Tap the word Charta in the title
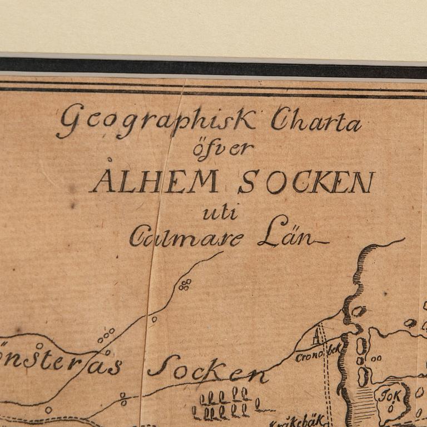click(315, 121)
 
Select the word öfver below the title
click(223, 149)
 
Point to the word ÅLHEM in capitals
click(155, 181)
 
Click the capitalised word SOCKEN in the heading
click(306, 181)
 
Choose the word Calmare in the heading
click(187, 238)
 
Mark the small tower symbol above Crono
click(317, 336)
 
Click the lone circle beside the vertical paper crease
click(154, 319)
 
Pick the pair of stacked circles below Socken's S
click(123, 399)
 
